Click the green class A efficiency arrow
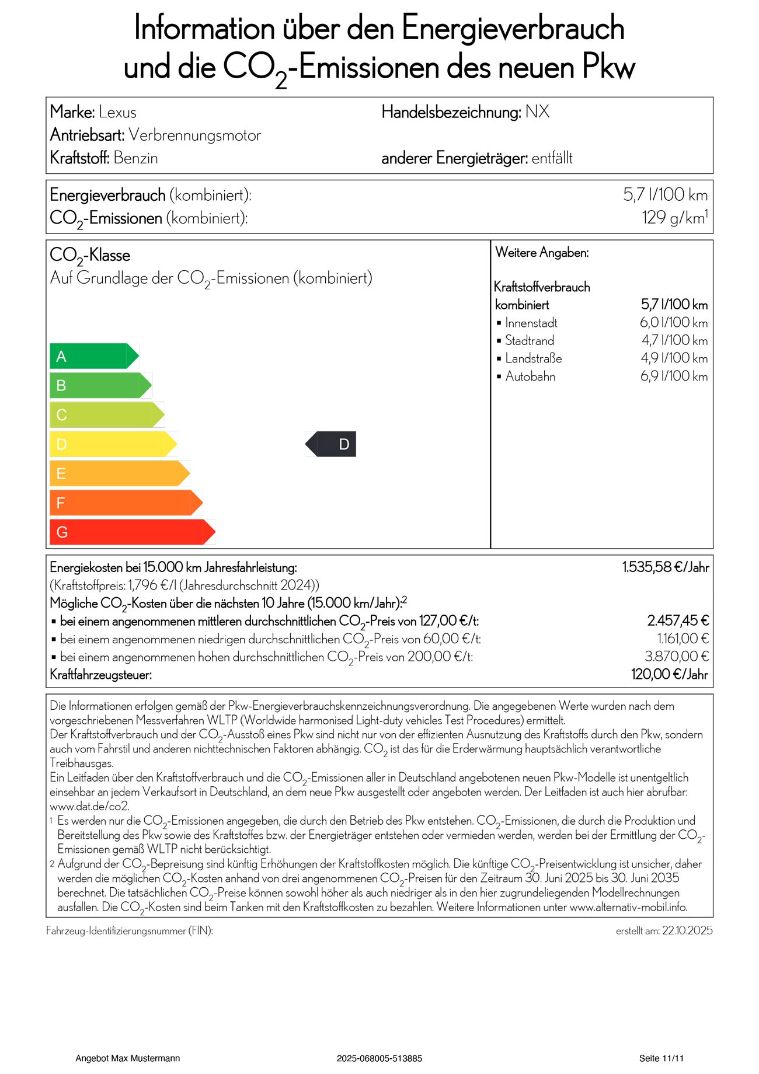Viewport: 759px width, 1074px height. pos(93,356)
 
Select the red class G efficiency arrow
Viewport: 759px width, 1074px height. pos(132,532)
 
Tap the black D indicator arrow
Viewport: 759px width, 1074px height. pos(331,444)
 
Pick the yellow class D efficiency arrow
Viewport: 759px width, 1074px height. pos(113,444)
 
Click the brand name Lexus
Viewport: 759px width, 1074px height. pos(117,112)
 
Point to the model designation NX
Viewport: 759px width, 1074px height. pos(537,112)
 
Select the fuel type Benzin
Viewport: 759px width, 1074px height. pos(135,158)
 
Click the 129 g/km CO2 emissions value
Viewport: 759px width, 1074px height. pos(674,218)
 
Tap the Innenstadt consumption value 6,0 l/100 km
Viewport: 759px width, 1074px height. pos(674,323)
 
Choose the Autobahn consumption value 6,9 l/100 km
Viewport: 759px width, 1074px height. pos(674,376)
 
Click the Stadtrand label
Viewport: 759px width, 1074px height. pos(530,340)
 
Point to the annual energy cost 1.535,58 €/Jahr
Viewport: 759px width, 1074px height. pos(665,567)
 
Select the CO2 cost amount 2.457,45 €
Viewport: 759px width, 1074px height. pos(678,620)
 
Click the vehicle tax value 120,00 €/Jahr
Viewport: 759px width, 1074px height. pos(670,675)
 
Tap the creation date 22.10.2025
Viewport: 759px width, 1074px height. pos(687,931)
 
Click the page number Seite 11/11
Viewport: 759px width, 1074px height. pos(661,1058)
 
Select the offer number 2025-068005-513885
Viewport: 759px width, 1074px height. pos(379,1058)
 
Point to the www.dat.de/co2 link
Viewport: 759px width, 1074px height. pos(89,807)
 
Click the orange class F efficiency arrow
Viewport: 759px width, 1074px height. pos(126,503)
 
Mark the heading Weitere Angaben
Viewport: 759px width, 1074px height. pos(542,253)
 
